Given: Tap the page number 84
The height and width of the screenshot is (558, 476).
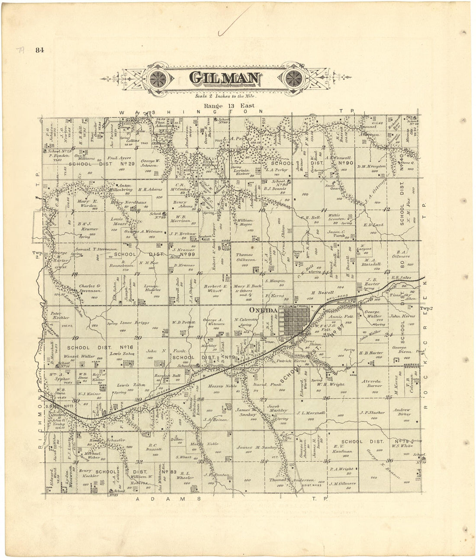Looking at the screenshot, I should [40, 50].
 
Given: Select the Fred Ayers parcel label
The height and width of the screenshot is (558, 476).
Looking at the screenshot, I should [119, 158].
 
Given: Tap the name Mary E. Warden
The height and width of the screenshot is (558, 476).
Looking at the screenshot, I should [87, 203].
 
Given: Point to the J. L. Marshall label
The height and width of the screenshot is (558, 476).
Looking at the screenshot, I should [311, 413].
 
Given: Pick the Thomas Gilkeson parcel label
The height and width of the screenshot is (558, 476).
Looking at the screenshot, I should [244, 257].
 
